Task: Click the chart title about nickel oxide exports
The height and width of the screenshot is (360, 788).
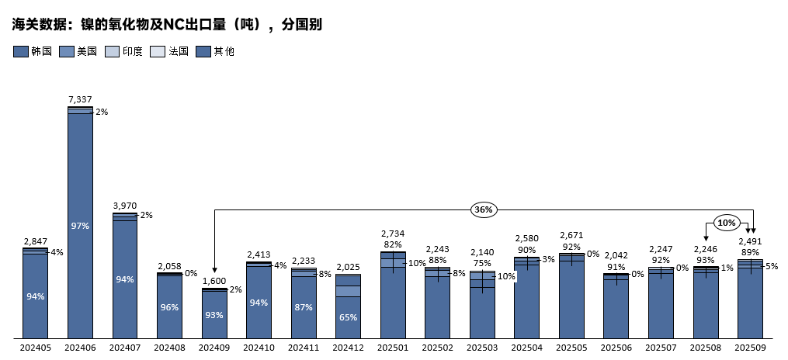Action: point(167,25)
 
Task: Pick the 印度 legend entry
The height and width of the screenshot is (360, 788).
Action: point(124,52)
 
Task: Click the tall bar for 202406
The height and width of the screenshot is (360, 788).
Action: point(80,225)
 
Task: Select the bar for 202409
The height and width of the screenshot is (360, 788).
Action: point(214,313)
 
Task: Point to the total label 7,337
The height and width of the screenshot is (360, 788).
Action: point(80,99)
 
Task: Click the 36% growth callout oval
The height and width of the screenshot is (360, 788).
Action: point(483,209)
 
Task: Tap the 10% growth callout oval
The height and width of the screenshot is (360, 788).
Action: point(726,223)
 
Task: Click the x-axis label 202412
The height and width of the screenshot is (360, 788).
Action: point(349,348)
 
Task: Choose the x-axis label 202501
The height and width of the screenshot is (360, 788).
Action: point(394,348)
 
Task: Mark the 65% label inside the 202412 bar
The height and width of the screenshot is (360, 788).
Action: point(349,317)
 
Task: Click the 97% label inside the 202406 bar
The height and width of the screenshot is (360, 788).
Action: point(80,226)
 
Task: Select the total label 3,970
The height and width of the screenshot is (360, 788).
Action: point(125,206)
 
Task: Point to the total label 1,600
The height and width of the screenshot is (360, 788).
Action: point(214,281)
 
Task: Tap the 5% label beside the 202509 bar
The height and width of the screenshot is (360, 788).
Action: point(772,266)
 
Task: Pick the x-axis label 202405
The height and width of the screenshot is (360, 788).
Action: point(36,348)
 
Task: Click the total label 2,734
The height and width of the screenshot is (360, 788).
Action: point(393,234)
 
